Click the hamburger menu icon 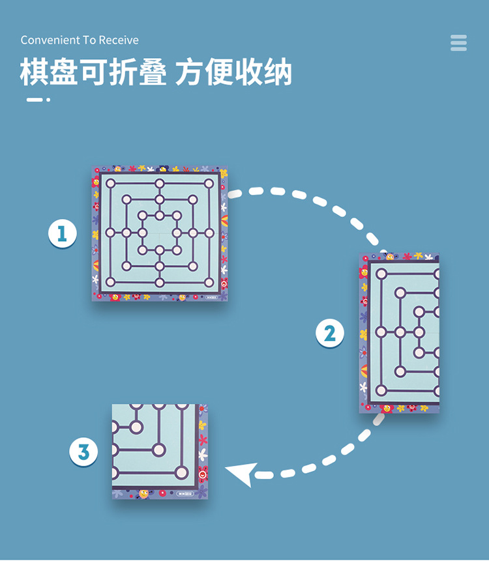coord(458,42)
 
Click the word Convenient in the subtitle coord(48,40)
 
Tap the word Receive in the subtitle coord(119,40)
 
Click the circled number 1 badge coord(63,233)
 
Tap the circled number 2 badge coord(330,334)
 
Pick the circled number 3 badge coord(83,452)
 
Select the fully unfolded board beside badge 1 coord(160,233)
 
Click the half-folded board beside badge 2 coord(399,333)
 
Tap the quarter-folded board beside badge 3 coord(160,452)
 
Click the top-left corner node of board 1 coord(110,184)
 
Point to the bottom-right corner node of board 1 coord(209,282)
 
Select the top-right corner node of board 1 coord(209,184)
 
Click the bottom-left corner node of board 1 coord(110,282)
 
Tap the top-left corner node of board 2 coord(381,274)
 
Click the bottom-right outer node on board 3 coord(182,473)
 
